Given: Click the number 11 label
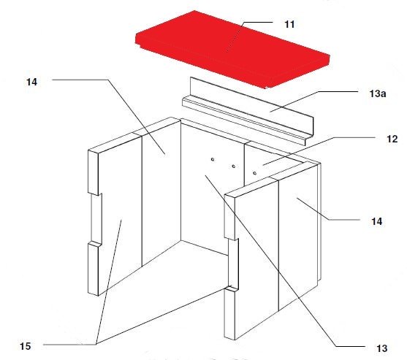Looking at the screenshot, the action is [289, 24].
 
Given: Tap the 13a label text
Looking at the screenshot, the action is [378, 93].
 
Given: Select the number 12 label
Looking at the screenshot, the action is [392, 139].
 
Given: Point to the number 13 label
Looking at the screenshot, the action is [381, 348].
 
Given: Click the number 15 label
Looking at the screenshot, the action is [25, 346].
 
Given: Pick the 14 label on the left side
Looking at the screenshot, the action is [31, 83].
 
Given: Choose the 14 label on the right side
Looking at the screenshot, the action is [376, 221].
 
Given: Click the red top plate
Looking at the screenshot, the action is [232, 49].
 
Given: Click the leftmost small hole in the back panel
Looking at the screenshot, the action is [213, 159].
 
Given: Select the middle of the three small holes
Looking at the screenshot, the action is [234, 166].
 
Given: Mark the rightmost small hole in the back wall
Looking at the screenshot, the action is [254, 173].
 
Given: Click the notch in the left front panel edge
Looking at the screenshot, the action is [96, 218].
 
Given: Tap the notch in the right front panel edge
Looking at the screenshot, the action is [233, 264].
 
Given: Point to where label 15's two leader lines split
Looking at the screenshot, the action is [96, 344].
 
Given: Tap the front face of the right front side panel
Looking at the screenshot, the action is [256, 259].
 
